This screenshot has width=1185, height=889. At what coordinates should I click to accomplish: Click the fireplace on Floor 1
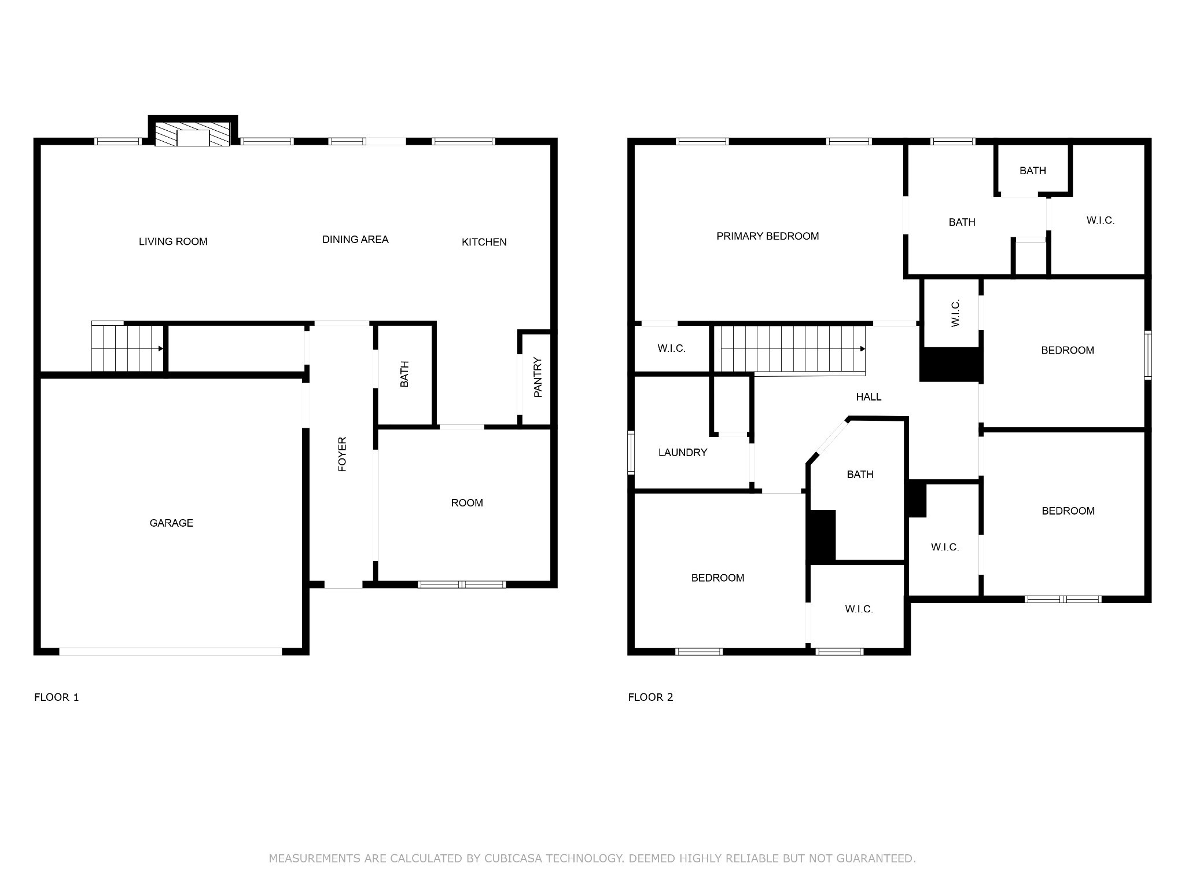pyautogui.click(x=193, y=134)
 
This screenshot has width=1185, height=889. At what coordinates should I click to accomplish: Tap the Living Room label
pyautogui.click(x=173, y=241)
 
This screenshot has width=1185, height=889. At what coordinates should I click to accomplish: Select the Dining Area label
pyautogui.click(x=355, y=240)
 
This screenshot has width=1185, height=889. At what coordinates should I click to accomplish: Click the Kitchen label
pyautogui.click(x=484, y=242)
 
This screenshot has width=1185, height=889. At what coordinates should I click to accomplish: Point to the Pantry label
pyautogui.click(x=538, y=377)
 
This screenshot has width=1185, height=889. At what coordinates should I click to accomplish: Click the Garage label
pyautogui.click(x=171, y=523)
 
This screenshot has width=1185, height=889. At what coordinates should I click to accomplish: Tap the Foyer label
pyautogui.click(x=342, y=454)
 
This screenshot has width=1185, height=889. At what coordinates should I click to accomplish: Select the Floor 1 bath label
pyautogui.click(x=404, y=374)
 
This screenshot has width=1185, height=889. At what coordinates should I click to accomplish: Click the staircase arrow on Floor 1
pyautogui.click(x=160, y=348)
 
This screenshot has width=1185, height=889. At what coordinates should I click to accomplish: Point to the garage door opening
pyautogui.click(x=171, y=651)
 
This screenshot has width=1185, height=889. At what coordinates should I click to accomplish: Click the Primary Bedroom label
pyautogui.click(x=767, y=236)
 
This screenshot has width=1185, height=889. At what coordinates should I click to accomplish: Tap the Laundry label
pyautogui.click(x=683, y=453)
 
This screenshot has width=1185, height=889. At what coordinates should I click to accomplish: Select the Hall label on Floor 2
pyautogui.click(x=868, y=397)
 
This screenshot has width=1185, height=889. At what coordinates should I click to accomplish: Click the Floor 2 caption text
pyautogui.click(x=650, y=697)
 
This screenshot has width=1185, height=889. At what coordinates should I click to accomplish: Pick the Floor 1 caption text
pyautogui.click(x=57, y=697)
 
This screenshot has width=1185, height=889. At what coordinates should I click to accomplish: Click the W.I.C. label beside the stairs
pyautogui.click(x=671, y=348)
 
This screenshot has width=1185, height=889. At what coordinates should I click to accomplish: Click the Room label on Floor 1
pyautogui.click(x=467, y=503)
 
